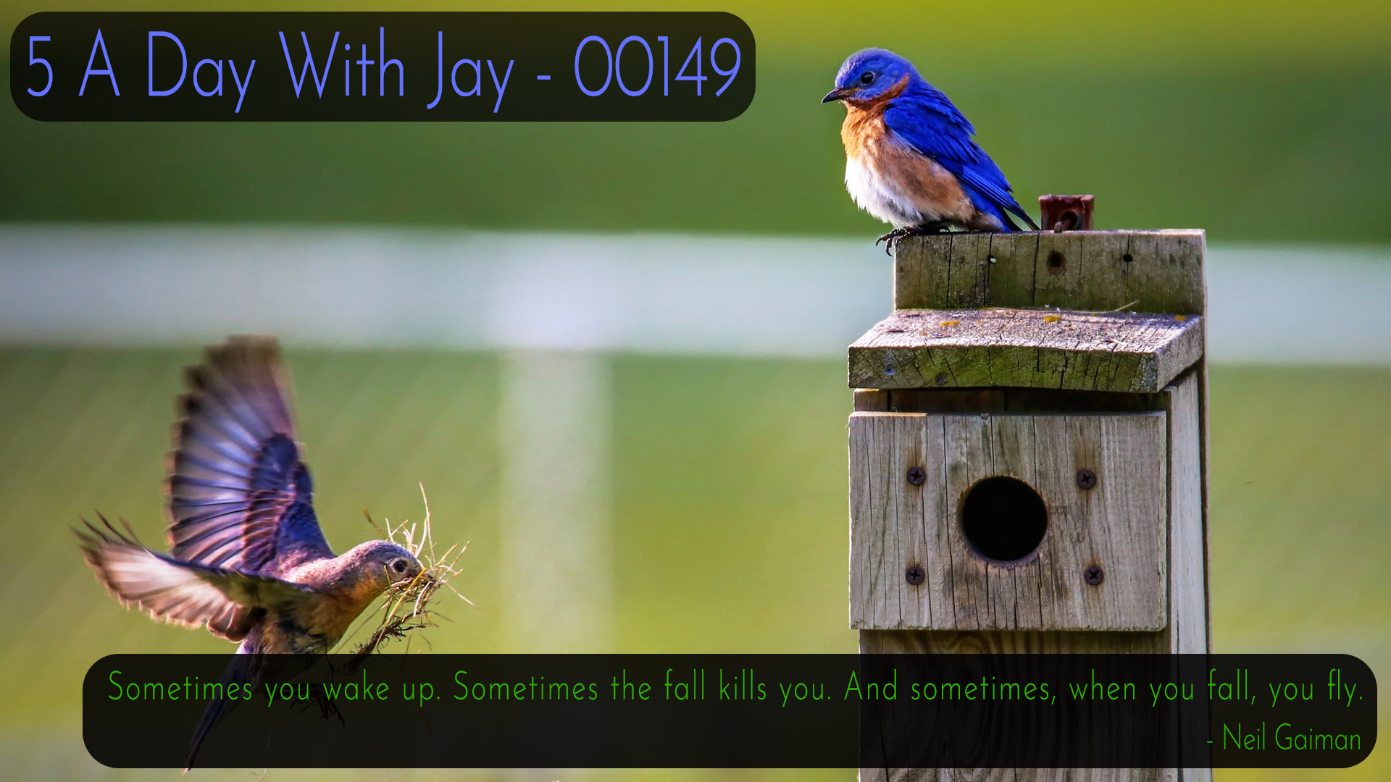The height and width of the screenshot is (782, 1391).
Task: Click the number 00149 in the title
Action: (x=657, y=67)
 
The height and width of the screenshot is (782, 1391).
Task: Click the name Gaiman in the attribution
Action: (x=1318, y=739)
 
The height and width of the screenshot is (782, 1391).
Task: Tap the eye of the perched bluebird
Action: (x=866, y=77)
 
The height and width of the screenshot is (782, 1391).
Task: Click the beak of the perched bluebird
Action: (x=834, y=95)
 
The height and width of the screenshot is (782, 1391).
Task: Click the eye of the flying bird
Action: (x=399, y=566)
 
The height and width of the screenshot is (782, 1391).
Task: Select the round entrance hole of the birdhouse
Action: (x=1003, y=518)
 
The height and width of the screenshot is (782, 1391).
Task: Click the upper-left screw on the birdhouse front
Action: (x=916, y=476)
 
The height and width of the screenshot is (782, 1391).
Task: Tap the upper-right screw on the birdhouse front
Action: (x=1085, y=479)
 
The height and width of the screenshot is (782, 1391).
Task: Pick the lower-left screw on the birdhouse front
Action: (x=915, y=575)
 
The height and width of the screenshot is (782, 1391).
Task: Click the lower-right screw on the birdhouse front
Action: (x=1093, y=576)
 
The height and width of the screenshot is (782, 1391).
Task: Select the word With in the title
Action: (x=341, y=64)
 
